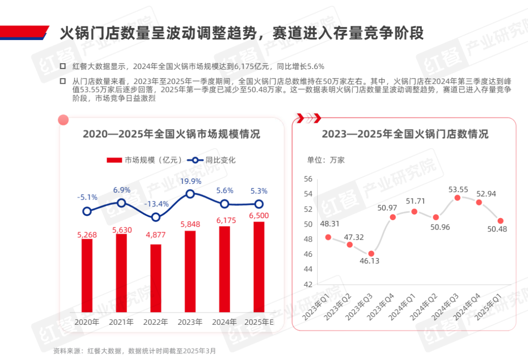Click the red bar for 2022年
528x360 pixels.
click(155, 278)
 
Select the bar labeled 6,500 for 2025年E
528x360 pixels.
click(259, 267)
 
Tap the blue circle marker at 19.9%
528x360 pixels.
click(190, 194)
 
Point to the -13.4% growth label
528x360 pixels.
click(156, 204)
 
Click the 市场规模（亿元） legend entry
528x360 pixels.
click(145, 160)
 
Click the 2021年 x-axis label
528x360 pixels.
click(121, 322)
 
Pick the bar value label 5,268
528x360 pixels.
click(88, 235)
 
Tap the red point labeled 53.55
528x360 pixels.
click(457, 198)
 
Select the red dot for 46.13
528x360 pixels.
click(371, 253)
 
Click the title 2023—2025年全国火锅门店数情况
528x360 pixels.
click(405, 134)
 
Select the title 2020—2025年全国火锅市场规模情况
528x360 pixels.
click(171, 134)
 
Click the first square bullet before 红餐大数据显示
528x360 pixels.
click(63, 66)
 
